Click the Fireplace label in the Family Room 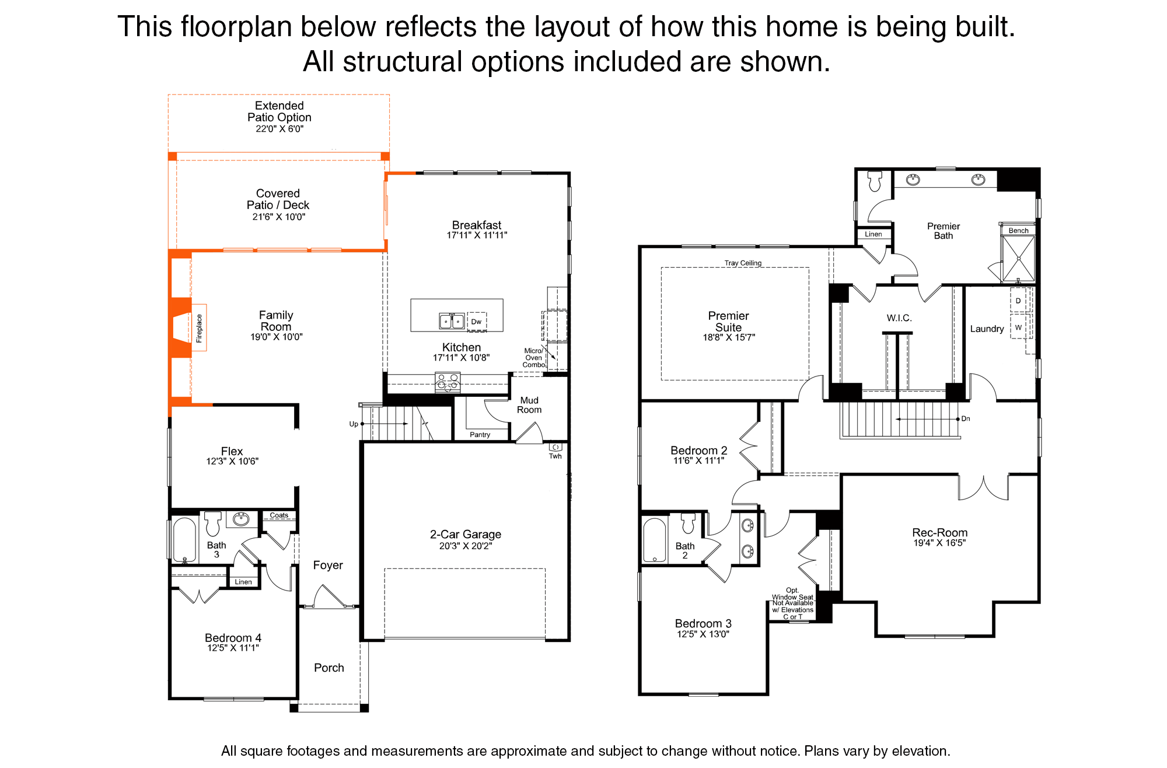(199, 328)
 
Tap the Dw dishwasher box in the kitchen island (477, 322)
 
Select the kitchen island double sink (452, 321)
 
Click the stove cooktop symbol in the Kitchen (448, 383)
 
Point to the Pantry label (480, 435)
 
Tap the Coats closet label (279, 515)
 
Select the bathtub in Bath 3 (184, 539)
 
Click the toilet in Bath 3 (213, 523)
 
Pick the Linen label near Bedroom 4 (243, 582)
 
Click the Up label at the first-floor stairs (354, 424)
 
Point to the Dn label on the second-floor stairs (966, 418)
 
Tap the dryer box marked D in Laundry (1018, 301)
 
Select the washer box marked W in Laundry (1018, 327)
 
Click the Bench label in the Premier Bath (1019, 231)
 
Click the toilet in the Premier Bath (875, 181)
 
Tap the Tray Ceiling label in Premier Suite (743, 263)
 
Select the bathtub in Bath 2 (655, 540)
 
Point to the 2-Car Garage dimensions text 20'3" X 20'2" (466, 546)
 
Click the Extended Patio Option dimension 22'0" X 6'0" (279, 129)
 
